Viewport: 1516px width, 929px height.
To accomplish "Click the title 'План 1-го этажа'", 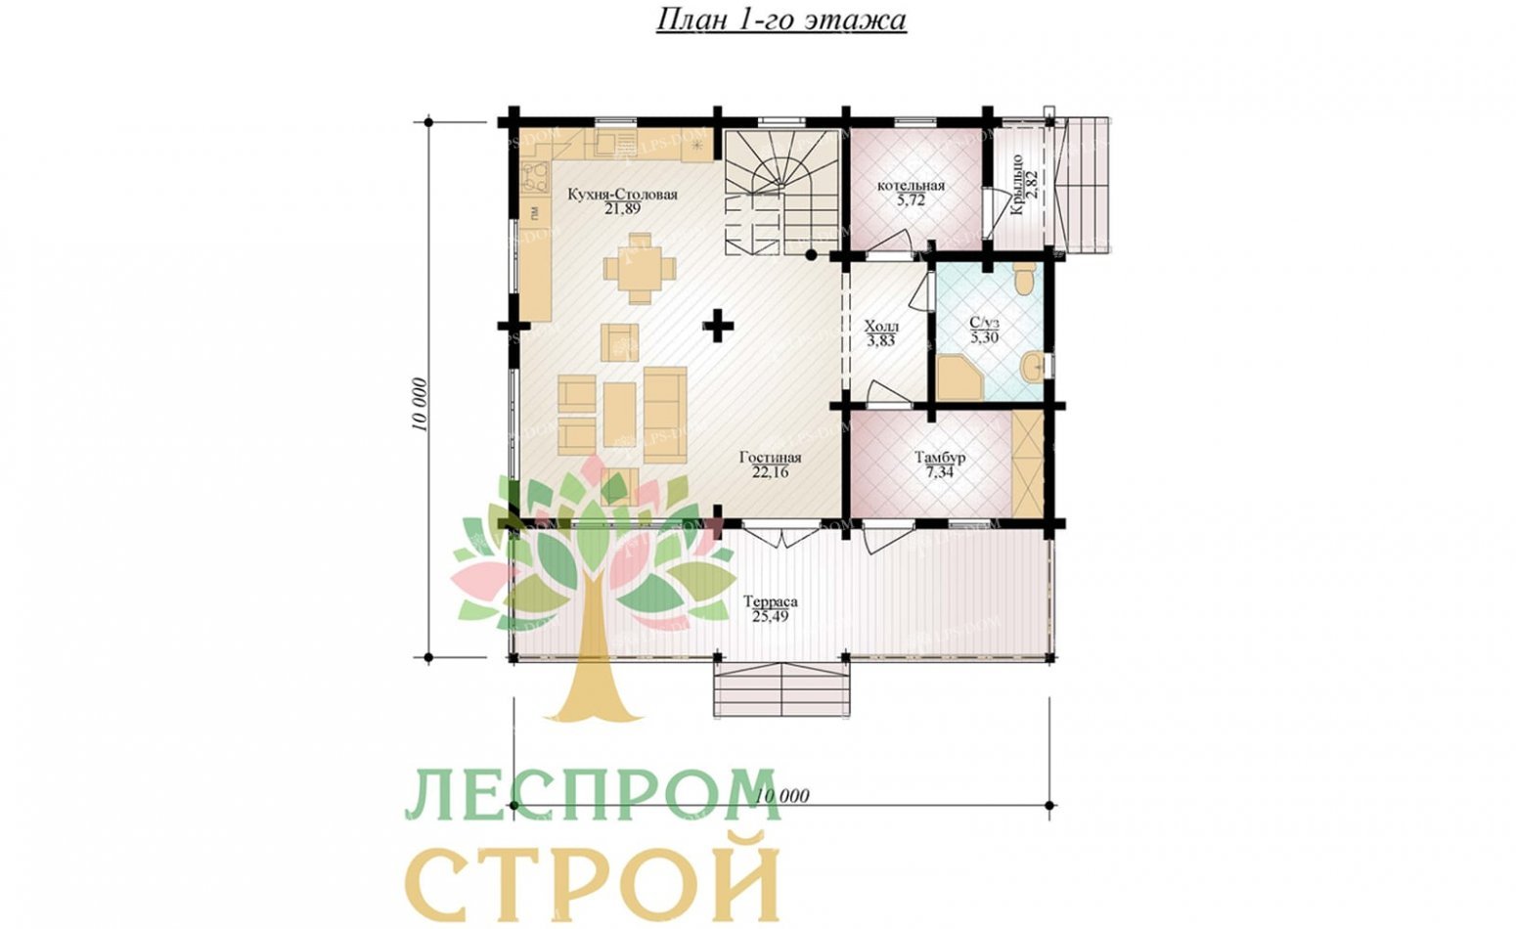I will [780, 20].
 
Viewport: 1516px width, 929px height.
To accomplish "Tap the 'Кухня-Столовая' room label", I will [621, 195].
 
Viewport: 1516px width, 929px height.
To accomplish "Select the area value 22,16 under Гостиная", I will [770, 472].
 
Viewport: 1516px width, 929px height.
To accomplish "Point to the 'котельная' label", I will [910, 186].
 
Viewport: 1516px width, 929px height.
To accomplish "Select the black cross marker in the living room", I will [718, 326].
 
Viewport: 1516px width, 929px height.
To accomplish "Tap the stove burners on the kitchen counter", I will [534, 177].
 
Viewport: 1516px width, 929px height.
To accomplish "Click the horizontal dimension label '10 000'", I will [782, 796].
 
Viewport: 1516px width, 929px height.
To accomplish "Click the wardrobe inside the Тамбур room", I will [1028, 464].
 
